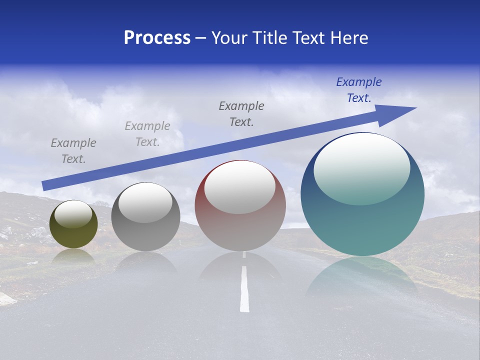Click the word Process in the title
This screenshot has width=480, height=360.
(157, 38)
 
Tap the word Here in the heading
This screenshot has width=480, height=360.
(349, 38)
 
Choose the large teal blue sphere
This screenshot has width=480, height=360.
(362, 225)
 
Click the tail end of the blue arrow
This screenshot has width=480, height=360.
(45, 185)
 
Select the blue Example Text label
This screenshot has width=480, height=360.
(358, 90)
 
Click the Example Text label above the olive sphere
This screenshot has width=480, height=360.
(73, 150)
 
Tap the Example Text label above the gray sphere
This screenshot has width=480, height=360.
(147, 133)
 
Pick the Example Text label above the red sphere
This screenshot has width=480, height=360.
(241, 113)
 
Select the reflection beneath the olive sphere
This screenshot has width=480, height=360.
(73, 256)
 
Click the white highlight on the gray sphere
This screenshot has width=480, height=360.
(145, 202)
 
